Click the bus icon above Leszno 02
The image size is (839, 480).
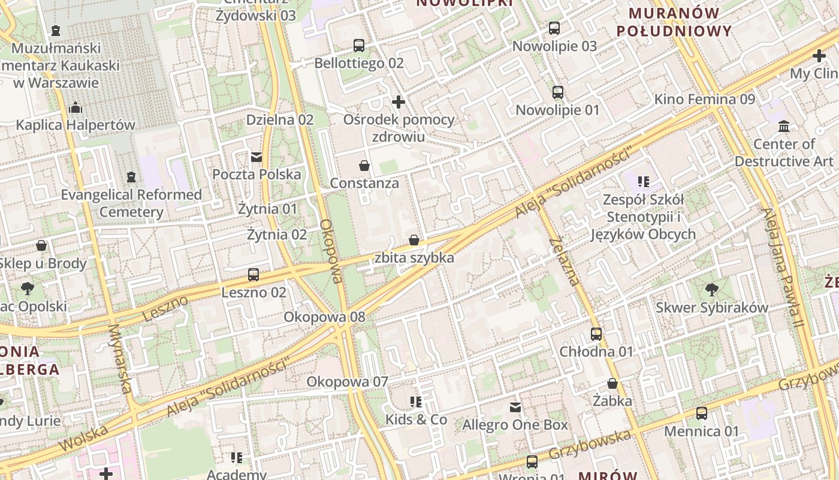coord(253,275)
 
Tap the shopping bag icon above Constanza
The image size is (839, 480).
coord(364,165)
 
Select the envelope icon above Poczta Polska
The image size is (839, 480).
coord(256,157)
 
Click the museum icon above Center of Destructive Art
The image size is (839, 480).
coord(783,126)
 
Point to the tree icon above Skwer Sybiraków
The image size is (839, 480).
coord(711,290)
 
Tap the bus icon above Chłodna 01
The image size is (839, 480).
coord(596,334)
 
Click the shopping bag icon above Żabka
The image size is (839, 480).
coord(612,383)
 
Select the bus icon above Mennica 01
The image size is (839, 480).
coord(701,413)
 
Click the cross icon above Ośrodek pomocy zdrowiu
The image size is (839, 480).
coord(399,101)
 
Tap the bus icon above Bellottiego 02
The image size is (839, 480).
coord(359,45)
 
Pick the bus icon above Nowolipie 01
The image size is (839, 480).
coord(557,92)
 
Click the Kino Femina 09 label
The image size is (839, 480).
coord(704,99)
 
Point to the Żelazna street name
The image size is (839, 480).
coord(565,261)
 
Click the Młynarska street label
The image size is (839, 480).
coord(119,359)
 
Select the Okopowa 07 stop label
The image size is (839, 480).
coord(347,382)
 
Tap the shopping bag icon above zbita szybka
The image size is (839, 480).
coord(414,240)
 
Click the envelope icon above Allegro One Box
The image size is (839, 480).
coord(515,407)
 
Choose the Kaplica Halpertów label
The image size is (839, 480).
coord(76,125)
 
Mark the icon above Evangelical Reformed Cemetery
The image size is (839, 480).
coord(131,177)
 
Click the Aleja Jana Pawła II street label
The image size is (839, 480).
coord(782,267)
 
